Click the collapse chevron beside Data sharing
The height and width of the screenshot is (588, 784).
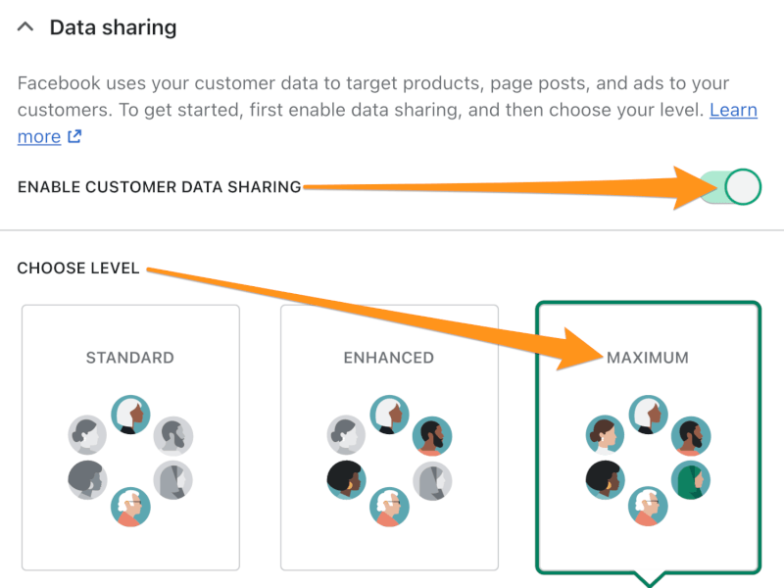25,27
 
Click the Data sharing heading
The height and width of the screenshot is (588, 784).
113,27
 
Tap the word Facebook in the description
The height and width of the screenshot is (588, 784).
59,83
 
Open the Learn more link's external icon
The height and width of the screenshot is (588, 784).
74,136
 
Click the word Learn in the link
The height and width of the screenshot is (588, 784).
733,110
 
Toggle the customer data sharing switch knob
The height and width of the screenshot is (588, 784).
743,187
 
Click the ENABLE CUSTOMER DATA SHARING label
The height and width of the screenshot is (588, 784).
160,187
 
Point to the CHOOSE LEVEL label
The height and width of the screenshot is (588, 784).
78,268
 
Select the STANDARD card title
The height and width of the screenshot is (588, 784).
130,358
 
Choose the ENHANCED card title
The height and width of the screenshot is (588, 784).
389,358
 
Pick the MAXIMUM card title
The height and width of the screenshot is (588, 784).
648,358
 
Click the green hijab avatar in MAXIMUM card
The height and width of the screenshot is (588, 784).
691,480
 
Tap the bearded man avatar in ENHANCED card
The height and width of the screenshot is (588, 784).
432,436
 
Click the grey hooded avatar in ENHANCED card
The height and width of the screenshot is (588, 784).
432,480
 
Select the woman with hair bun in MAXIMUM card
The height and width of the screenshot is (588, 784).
605,434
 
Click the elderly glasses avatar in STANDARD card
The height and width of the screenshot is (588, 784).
130,507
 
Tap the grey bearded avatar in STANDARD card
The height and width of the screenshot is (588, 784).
173,436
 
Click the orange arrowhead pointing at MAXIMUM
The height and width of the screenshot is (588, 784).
580,350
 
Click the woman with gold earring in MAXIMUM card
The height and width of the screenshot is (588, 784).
605,480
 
